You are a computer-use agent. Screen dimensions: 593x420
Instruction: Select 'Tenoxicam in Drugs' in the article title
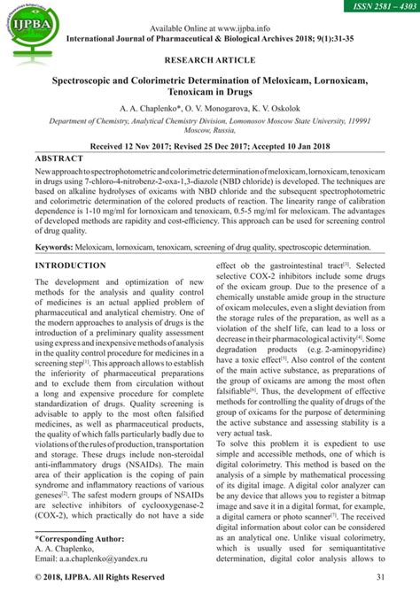click(211, 93)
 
